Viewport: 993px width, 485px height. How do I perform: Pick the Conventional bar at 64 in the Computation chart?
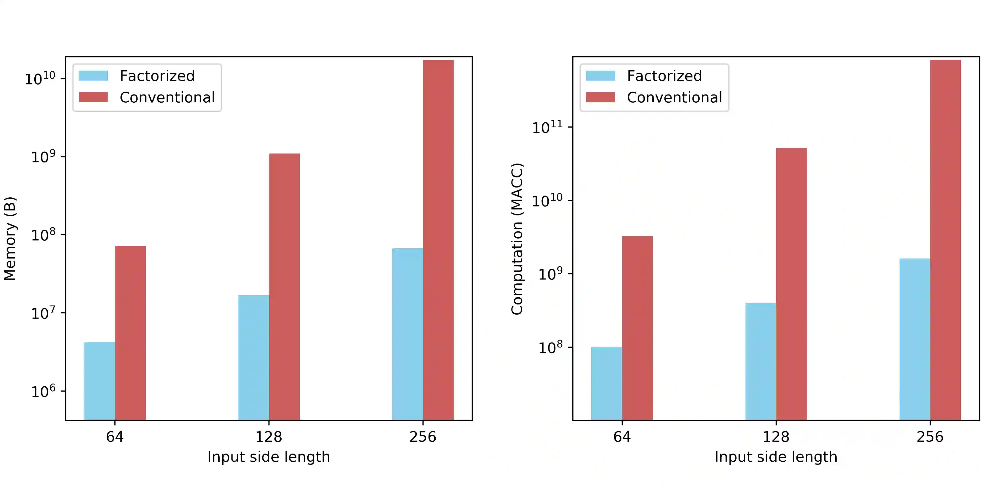coord(637,328)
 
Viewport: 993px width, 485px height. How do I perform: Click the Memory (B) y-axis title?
coord(10,239)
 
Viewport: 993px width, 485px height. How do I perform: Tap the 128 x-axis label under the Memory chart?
coord(269,437)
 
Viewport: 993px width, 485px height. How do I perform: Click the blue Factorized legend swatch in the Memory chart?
coord(93,76)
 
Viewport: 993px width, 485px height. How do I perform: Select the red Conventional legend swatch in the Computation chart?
coord(600,97)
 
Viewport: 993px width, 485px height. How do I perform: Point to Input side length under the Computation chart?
coord(776,457)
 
